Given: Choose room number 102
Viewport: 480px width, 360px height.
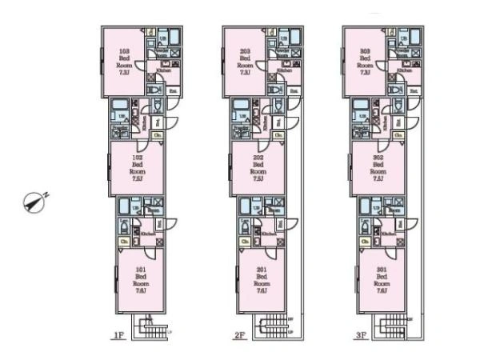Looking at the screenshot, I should point(138,158).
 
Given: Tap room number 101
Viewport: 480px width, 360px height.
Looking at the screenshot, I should point(141,270).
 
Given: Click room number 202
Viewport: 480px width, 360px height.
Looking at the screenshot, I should point(258,158).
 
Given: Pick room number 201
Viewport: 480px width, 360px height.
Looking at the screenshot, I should point(261,270).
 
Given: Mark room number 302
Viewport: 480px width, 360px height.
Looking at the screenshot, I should point(378,158).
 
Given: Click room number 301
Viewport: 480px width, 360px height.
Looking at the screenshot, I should point(382,270).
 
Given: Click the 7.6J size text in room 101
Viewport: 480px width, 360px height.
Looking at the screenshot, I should point(141,291).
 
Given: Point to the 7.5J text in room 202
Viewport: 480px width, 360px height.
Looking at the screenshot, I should point(258,180).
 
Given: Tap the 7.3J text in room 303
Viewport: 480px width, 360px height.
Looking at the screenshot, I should point(366,72).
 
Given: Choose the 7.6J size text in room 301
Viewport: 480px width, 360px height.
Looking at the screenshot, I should point(382,291).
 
